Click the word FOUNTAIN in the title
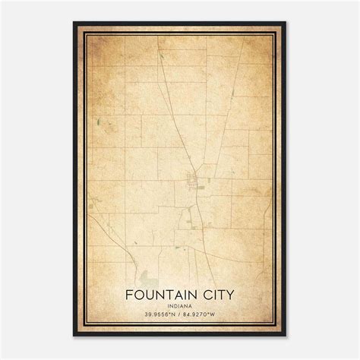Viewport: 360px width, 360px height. (162, 293)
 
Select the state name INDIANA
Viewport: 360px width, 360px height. (181, 305)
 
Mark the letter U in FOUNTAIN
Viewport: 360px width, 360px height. (150, 293)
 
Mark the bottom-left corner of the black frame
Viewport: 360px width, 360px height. (74, 336)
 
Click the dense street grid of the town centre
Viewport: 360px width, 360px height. (192, 181)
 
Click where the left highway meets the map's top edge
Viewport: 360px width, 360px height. (159, 46)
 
